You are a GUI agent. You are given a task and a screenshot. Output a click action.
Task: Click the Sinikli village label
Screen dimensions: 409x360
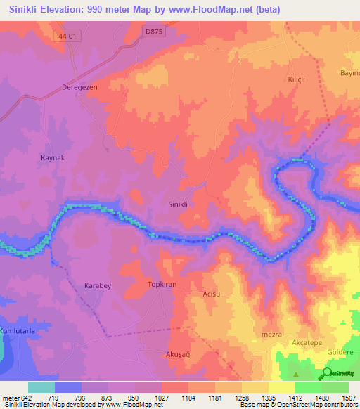pyautogui.click(x=177, y=204)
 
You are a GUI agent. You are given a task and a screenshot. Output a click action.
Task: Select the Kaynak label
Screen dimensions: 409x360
pyautogui.click(x=52, y=158)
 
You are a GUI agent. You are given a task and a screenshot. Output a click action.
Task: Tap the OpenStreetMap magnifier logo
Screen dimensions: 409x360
pyautogui.click(x=327, y=374)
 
